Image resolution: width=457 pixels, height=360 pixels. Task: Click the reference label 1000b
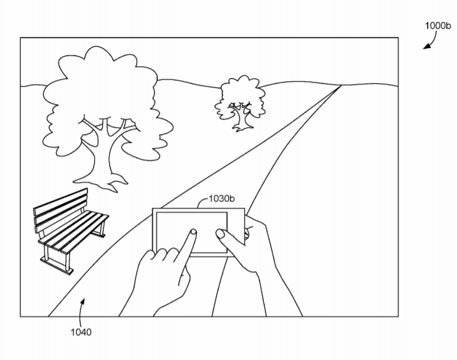tap(438, 26)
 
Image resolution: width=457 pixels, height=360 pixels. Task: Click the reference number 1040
tap(81, 332)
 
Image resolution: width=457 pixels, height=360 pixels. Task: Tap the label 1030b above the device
tap(221, 198)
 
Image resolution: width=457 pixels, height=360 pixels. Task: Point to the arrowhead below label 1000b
tap(426, 46)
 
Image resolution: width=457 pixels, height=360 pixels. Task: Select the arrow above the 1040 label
tap(82, 306)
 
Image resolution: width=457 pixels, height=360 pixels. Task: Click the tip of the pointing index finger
tap(193, 231)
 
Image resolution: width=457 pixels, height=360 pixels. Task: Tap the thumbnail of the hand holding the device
tap(219, 233)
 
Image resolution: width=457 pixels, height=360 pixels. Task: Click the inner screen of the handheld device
tap(191, 233)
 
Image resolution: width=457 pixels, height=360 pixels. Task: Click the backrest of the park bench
tap(60, 210)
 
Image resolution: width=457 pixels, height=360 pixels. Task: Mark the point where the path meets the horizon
tap(341, 85)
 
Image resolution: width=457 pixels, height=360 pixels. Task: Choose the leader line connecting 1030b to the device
tap(202, 202)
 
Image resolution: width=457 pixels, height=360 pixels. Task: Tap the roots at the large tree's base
tap(100, 182)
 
